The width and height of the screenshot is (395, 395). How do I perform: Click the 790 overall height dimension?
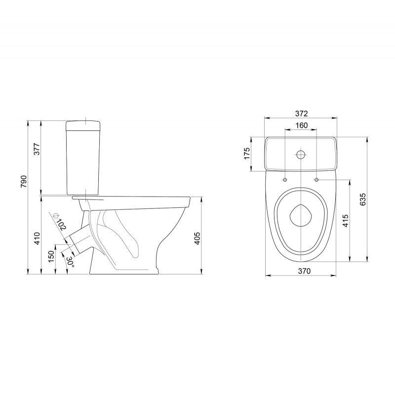pos(23,181)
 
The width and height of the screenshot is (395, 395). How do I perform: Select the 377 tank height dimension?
pos(37,149)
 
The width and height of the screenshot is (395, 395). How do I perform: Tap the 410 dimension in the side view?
pos(37,238)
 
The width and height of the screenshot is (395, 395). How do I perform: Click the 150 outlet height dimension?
pos(51,256)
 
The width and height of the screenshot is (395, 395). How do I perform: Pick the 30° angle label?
pos(70,262)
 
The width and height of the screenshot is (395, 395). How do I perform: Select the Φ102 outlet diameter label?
pos(60,222)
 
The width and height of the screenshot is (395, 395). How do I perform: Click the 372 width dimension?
pos(301,114)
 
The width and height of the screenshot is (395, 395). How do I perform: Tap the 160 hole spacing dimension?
pos(301,125)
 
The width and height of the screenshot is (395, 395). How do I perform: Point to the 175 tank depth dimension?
pos(247,154)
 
